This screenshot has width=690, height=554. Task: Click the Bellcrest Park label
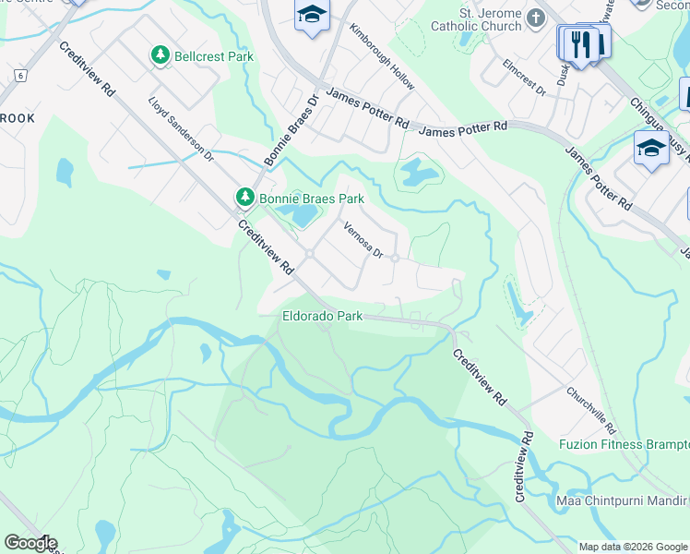215,57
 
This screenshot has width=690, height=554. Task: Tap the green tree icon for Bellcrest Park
161,56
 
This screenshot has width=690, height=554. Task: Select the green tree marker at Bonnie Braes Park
244,197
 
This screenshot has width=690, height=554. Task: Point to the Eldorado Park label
322,316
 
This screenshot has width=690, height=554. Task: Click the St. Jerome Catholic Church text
476,19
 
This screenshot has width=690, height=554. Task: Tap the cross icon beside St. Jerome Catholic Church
536,18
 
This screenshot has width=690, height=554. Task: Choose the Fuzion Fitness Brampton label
624,444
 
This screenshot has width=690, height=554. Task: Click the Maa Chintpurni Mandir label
623,501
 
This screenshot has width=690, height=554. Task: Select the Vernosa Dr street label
363,240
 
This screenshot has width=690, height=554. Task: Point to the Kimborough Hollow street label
381,56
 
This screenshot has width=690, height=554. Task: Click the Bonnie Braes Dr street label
291,130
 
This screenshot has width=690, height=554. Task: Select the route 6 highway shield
19,74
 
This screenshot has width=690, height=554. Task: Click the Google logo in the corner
30,543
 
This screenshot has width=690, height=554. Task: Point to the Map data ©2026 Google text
633,547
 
